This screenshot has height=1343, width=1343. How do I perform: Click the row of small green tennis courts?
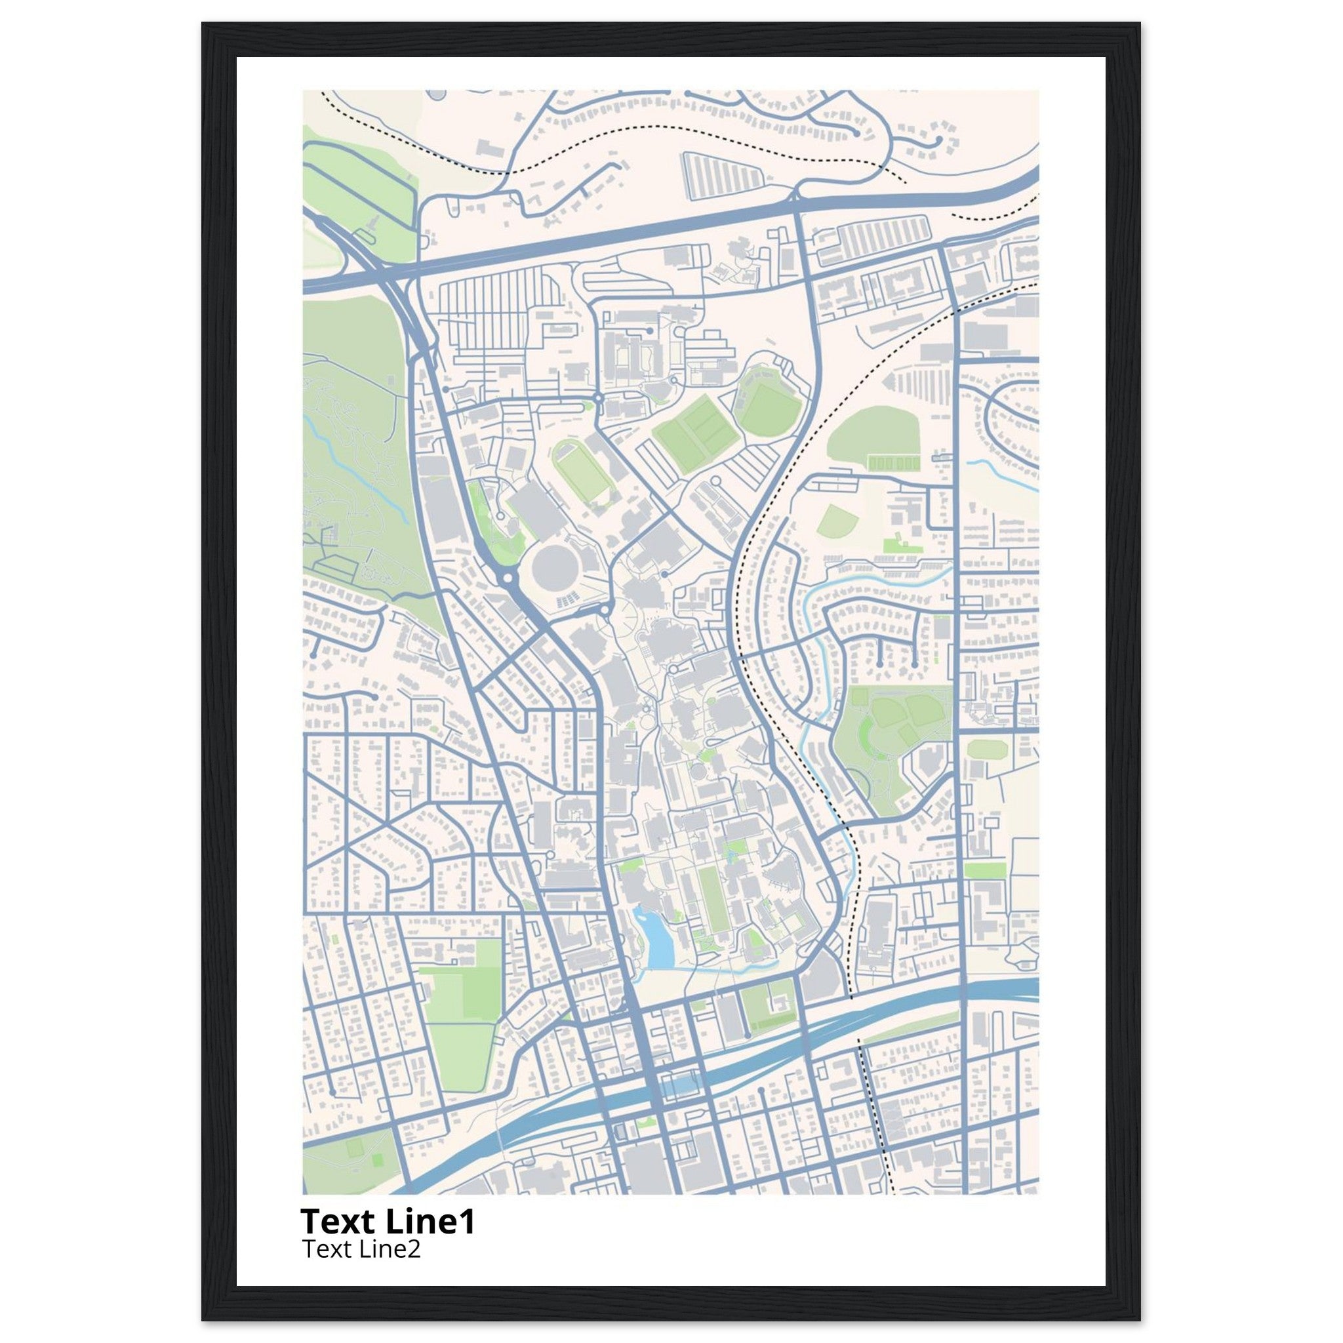click(893, 462)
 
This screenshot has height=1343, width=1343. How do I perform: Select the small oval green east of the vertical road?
click(986, 749)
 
